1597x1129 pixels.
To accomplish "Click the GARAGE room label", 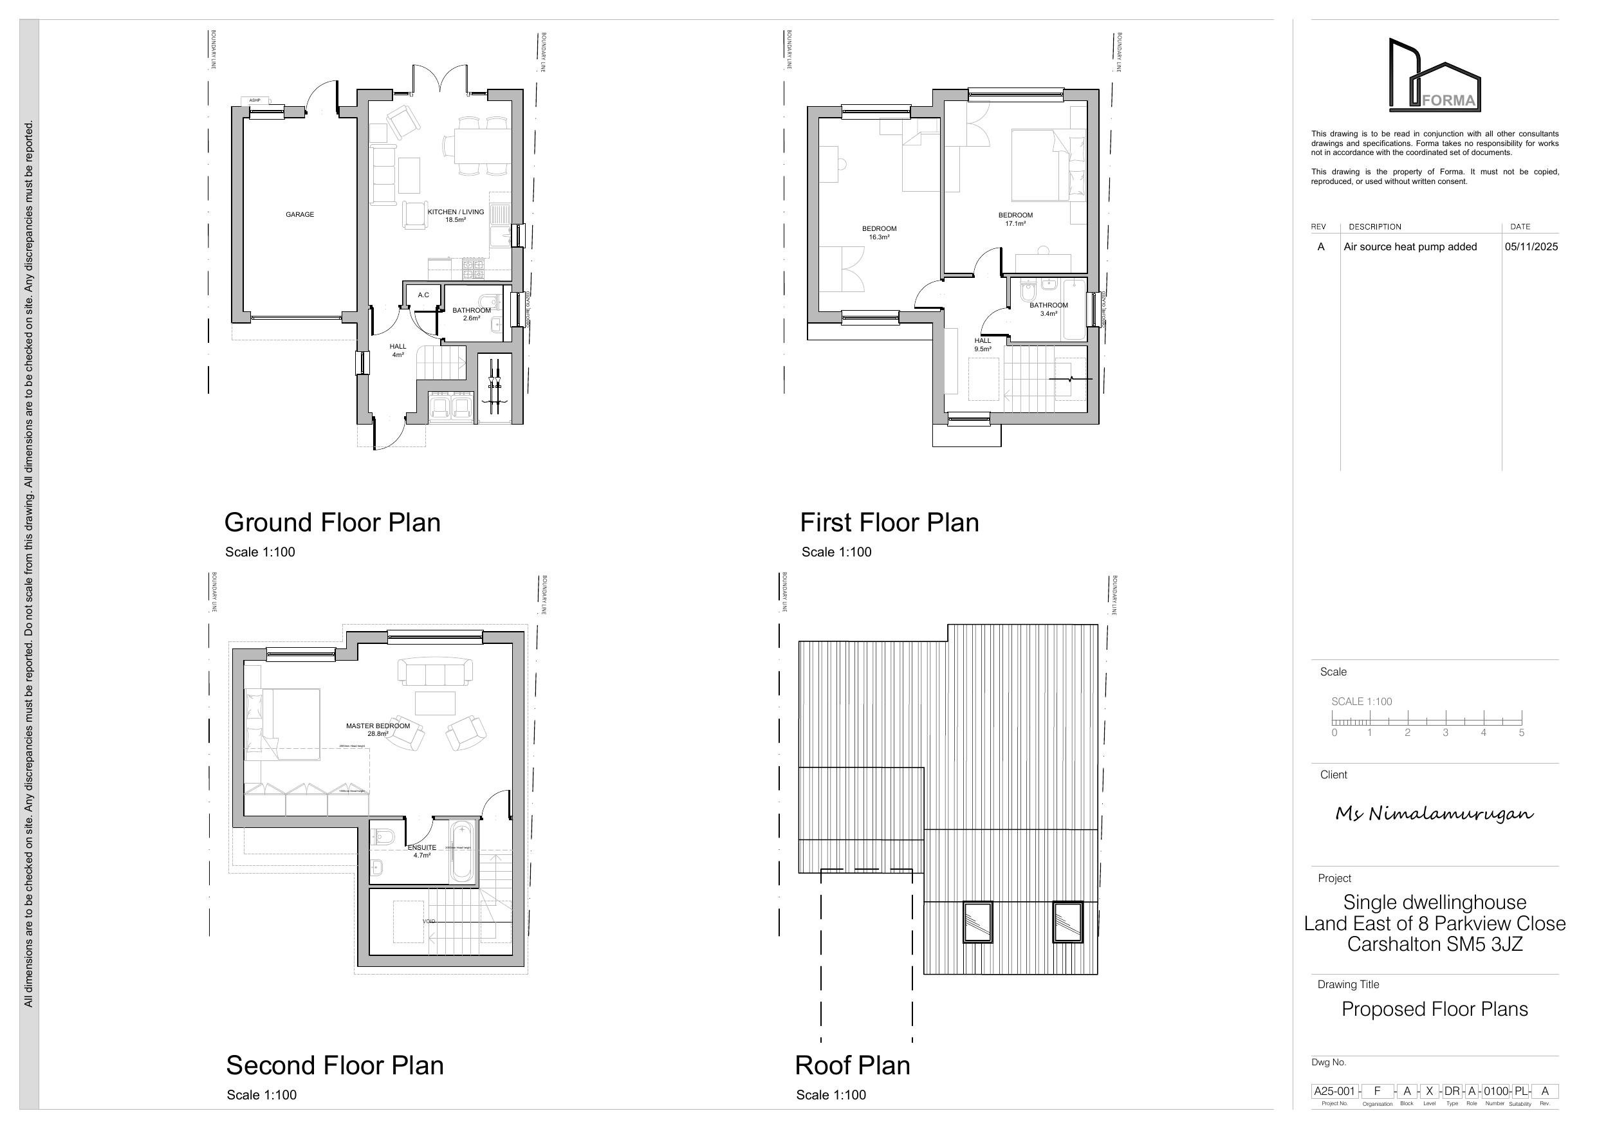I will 300,215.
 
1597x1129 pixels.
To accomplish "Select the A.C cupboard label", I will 423,295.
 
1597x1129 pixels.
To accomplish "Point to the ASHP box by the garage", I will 255,101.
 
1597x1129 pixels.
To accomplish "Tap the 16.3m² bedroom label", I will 879,233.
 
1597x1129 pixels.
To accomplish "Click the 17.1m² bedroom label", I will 1015,220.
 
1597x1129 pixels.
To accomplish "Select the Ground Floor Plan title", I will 333,523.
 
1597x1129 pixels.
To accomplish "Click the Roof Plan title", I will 852,1066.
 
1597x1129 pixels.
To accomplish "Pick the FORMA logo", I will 1435,77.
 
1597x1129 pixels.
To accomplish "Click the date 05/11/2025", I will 1531,247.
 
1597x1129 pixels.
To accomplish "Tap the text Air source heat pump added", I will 1410,247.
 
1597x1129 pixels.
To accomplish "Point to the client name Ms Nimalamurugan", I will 1434,814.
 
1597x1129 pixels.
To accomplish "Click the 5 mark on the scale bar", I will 1522,733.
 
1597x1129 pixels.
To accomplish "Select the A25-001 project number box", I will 1334,1091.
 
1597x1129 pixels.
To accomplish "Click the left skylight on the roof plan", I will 977,922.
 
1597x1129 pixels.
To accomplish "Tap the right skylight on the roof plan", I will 1067,922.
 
